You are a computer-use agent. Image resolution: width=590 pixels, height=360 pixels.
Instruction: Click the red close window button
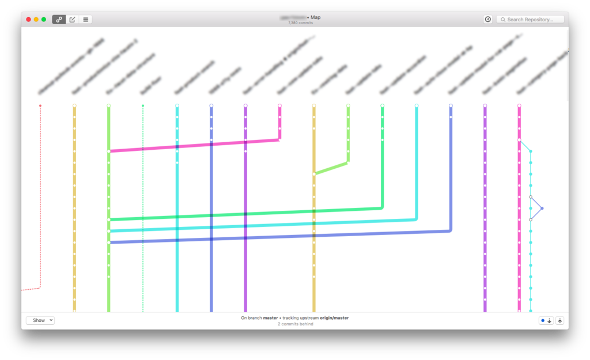[x=28, y=20]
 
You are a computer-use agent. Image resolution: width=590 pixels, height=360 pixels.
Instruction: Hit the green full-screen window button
[x=44, y=20]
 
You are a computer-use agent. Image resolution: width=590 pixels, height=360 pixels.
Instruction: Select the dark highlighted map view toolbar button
[x=59, y=20]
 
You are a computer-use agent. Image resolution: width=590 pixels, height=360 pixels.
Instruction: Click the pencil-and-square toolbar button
[x=72, y=20]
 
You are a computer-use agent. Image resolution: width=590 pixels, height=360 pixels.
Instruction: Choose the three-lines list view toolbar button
[x=85, y=20]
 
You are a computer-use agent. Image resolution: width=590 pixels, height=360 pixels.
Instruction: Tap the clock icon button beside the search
[x=488, y=20]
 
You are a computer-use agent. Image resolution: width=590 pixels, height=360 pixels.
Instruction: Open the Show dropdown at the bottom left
[x=40, y=320]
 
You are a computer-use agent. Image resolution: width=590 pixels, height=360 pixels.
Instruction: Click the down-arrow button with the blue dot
[x=546, y=321]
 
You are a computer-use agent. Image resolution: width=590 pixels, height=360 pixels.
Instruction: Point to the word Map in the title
[x=316, y=17]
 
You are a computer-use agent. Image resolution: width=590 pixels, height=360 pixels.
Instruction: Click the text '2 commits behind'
[x=295, y=324]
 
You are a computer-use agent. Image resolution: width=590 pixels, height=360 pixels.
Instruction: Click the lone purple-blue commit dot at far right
[x=542, y=208]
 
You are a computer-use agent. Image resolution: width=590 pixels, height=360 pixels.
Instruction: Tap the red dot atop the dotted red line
[x=40, y=106]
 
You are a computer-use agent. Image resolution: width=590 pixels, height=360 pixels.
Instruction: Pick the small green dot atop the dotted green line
[x=143, y=106]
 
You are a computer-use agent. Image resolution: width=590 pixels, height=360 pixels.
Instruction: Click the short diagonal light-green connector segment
[x=331, y=168]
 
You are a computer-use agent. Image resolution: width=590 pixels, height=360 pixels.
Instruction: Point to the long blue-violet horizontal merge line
[x=277, y=237]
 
